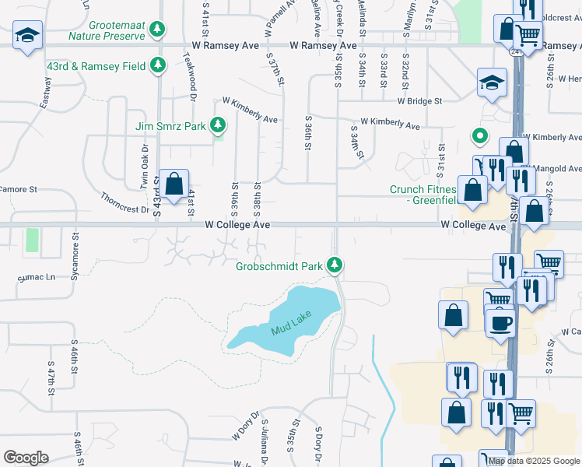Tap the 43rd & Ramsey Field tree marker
point(159,65)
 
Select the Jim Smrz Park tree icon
point(219,125)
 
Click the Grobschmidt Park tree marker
point(335,266)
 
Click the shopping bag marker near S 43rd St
point(174,184)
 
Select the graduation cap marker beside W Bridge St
point(493,83)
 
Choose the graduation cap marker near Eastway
point(28,35)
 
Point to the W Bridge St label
point(419,101)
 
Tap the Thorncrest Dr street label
point(124,203)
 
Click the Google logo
point(26,458)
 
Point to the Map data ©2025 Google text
point(533,461)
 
